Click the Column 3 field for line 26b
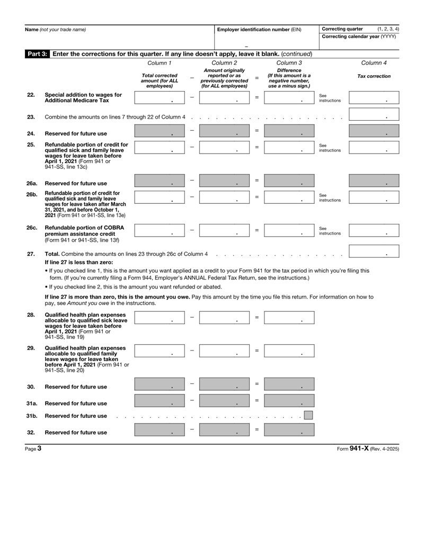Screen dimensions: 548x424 pos(289,197)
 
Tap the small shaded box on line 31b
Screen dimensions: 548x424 pos(307,415)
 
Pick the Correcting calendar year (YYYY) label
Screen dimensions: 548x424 pos(359,37)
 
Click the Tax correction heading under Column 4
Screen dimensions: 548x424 pos(374,76)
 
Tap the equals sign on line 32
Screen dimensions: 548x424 pos(257,429)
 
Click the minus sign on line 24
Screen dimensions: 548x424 pos(192,130)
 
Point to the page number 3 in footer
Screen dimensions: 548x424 pos(39,448)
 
